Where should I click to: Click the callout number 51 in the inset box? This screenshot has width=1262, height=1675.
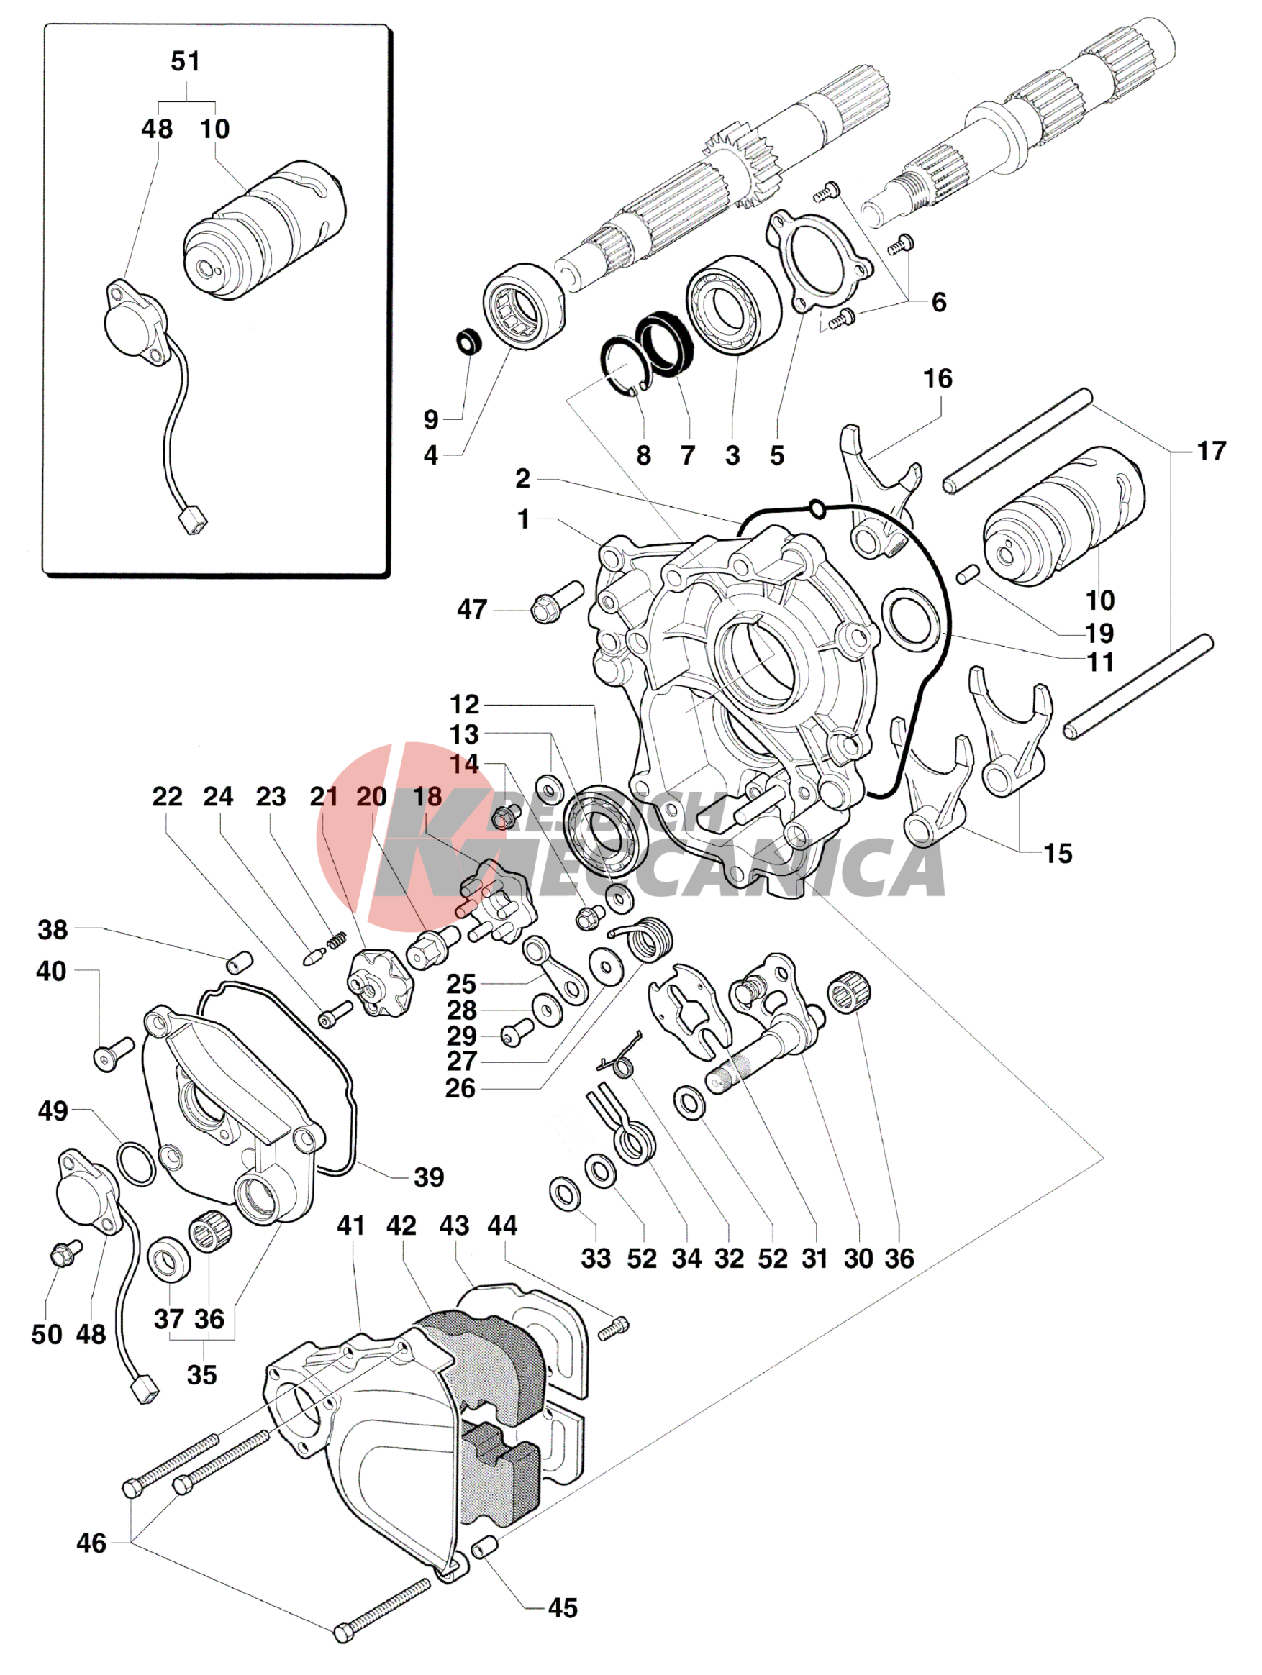click(186, 61)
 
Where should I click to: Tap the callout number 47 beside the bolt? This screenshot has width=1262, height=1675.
click(471, 610)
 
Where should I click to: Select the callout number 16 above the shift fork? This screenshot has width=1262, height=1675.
click(938, 378)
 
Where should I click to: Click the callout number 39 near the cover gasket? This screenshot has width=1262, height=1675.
click(429, 1177)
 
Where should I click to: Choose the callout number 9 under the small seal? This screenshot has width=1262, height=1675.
click(431, 419)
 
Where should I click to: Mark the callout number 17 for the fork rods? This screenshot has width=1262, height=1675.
click(1211, 452)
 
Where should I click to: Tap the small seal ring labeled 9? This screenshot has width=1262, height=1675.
click(470, 341)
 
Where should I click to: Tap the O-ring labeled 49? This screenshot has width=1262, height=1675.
click(137, 1164)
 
